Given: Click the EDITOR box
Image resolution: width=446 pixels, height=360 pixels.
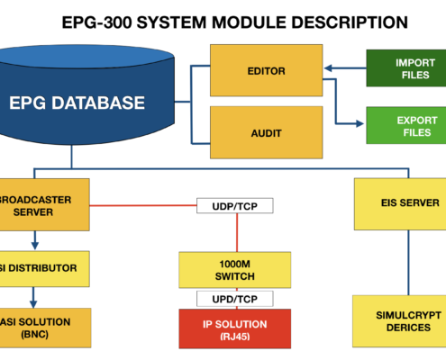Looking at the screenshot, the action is click(x=267, y=70).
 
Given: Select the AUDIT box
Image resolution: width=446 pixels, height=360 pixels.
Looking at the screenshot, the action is click(x=267, y=132).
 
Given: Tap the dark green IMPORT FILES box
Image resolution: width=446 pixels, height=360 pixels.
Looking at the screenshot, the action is click(x=406, y=68).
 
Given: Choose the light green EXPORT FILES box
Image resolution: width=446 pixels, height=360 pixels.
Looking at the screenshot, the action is click(x=406, y=125).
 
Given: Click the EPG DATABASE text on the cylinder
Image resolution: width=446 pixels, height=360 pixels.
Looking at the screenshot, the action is click(x=77, y=103).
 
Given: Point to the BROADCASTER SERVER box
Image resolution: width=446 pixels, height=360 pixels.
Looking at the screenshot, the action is click(x=44, y=205).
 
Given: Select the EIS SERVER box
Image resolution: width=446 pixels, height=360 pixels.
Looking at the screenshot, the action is click(x=400, y=204).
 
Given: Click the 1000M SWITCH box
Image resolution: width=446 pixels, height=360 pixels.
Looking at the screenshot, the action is click(x=235, y=270).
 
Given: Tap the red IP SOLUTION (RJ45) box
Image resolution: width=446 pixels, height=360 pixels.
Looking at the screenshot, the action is click(x=235, y=328).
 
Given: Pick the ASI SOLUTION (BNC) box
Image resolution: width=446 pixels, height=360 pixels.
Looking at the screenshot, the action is click(x=45, y=328).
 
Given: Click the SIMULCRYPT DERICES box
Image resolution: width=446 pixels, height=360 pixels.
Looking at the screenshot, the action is click(x=399, y=321).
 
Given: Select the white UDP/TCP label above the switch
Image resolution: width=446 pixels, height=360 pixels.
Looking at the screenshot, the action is click(x=235, y=206).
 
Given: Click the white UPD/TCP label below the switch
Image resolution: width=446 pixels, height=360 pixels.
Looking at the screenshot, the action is click(x=235, y=299).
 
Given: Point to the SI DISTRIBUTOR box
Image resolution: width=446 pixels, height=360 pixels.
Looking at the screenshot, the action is click(x=44, y=269).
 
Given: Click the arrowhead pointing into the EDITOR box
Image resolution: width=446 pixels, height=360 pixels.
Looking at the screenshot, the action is click(x=328, y=68).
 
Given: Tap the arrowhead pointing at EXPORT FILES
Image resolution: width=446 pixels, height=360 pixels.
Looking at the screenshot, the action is click(x=360, y=123).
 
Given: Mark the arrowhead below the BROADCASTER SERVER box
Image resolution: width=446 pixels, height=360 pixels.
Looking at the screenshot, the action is click(x=35, y=246).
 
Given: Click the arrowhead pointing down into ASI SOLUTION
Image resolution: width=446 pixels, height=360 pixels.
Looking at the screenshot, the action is click(x=33, y=303).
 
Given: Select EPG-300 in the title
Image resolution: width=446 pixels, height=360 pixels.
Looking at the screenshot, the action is click(x=96, y=22).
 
